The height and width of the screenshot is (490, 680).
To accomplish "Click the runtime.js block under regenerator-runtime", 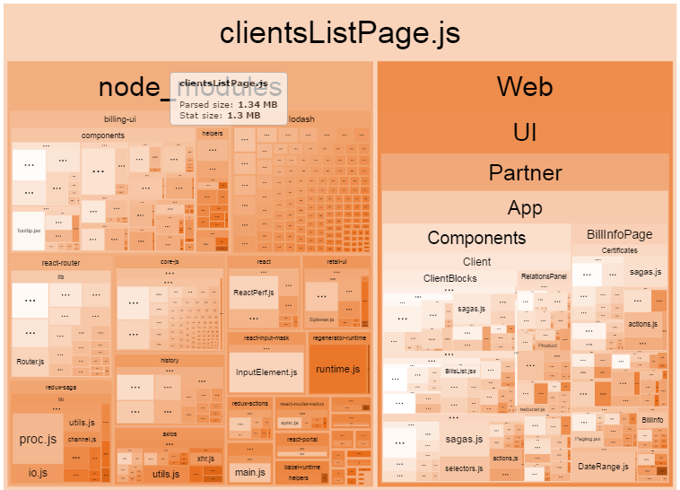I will click(x=337, y=369).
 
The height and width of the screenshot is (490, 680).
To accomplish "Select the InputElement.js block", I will click(x=266, y=372).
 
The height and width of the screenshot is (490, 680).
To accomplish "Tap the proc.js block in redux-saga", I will click(x=38, y=439).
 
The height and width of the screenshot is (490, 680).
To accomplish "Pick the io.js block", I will click(x=38, y=472).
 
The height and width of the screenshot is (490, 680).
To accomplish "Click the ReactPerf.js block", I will click(x=253, y=293).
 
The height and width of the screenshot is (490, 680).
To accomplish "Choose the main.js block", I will click(x=250, y=472).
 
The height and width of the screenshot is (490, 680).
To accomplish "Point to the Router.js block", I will click(x=30, y=362).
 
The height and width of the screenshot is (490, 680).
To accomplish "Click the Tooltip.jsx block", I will click(x=29, y=231).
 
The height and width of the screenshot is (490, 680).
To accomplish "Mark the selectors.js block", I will click(x=464, y=468).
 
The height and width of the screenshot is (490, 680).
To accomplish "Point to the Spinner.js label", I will click(x=320, y=319).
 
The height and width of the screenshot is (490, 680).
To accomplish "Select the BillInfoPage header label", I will click(x=620, y=234).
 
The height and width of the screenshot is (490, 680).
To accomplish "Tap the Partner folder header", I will click(x=525, y=172).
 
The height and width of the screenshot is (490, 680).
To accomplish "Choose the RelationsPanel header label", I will click(x=544, y=276).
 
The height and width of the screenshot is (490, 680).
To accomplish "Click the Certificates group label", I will click(x=620, y=250).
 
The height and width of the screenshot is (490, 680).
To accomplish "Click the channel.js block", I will click(x=82, y=440).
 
